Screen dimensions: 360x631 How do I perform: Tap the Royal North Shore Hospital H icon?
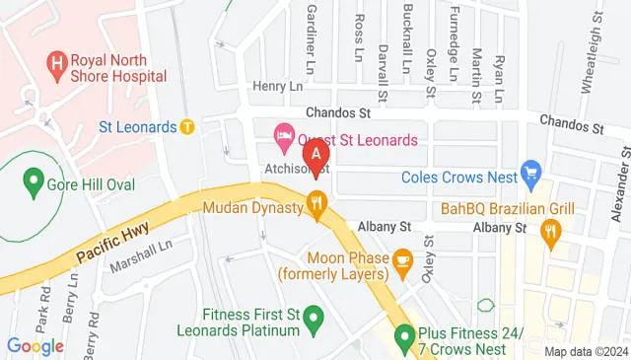[56, 66]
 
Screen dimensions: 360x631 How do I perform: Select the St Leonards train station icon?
[186, 126]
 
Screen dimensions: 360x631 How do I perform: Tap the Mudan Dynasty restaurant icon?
[316, 206]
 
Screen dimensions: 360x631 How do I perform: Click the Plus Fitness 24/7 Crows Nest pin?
[403, 340]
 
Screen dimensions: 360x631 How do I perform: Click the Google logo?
[35, 346]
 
